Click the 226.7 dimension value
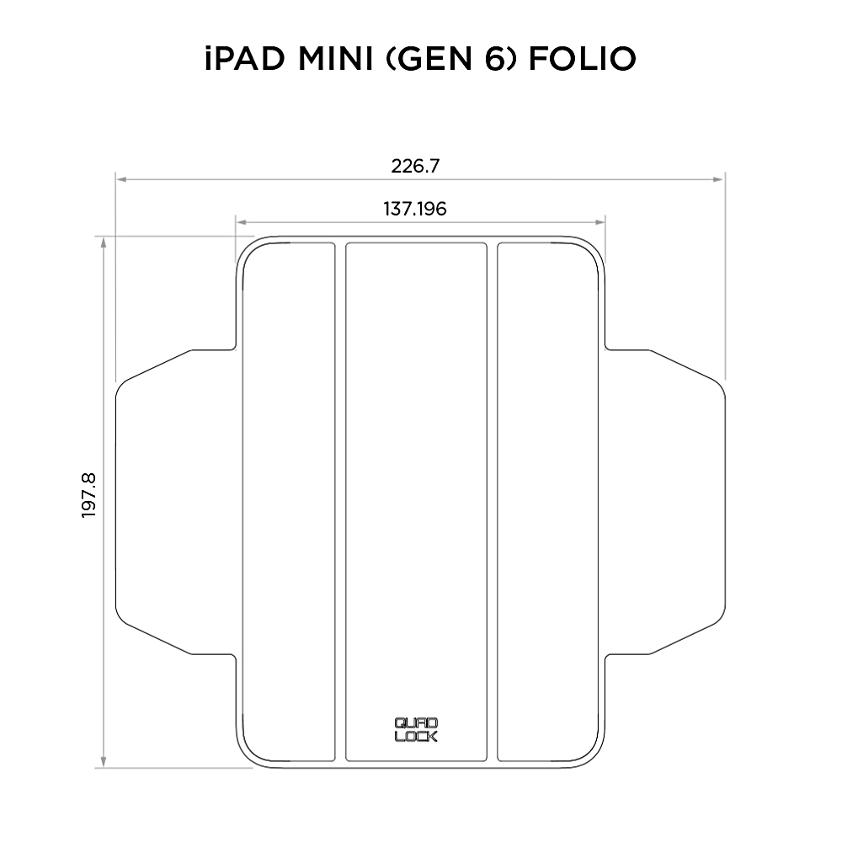point(415,166)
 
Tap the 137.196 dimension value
point(415,208)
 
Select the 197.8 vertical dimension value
point(88,495)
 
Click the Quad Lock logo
point(416,729)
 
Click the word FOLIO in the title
point(583,59)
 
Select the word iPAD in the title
point(245,59)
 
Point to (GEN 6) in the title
point(451,59)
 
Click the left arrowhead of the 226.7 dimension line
point(121,179)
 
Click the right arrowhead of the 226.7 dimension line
point(718,179)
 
